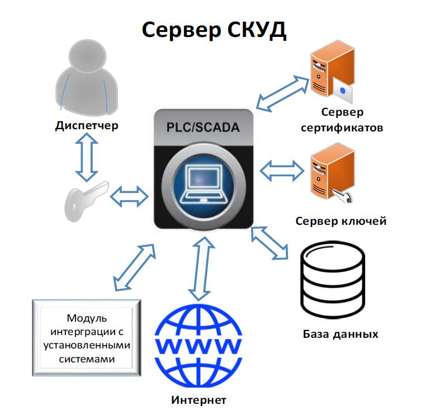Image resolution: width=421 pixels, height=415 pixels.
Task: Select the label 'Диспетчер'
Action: click(x=87, y=125)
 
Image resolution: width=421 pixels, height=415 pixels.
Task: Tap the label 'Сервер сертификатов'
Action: click(x=342, y=121)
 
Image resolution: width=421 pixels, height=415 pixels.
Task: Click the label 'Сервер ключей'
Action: click(x=341, y=221)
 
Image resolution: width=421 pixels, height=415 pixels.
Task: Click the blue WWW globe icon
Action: click(x=198, y=343)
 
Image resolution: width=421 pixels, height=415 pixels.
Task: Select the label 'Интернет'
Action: click(x=198, y=400)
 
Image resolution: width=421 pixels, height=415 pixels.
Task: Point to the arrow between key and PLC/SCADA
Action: click(x=129, y=196)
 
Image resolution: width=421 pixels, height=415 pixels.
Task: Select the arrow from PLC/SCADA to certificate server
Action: click(x=282, y=93)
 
